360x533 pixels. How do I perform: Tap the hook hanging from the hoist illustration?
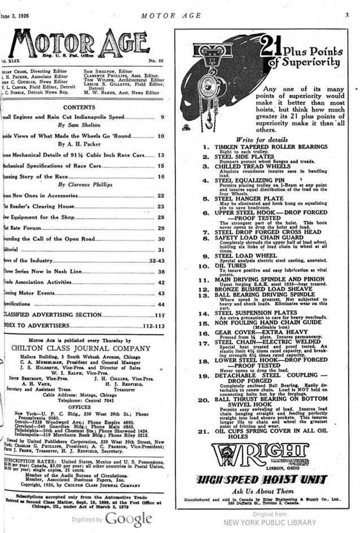209,120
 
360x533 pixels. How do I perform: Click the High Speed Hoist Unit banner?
261,479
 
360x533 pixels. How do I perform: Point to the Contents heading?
78,107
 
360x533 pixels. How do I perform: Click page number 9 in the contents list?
162,117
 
